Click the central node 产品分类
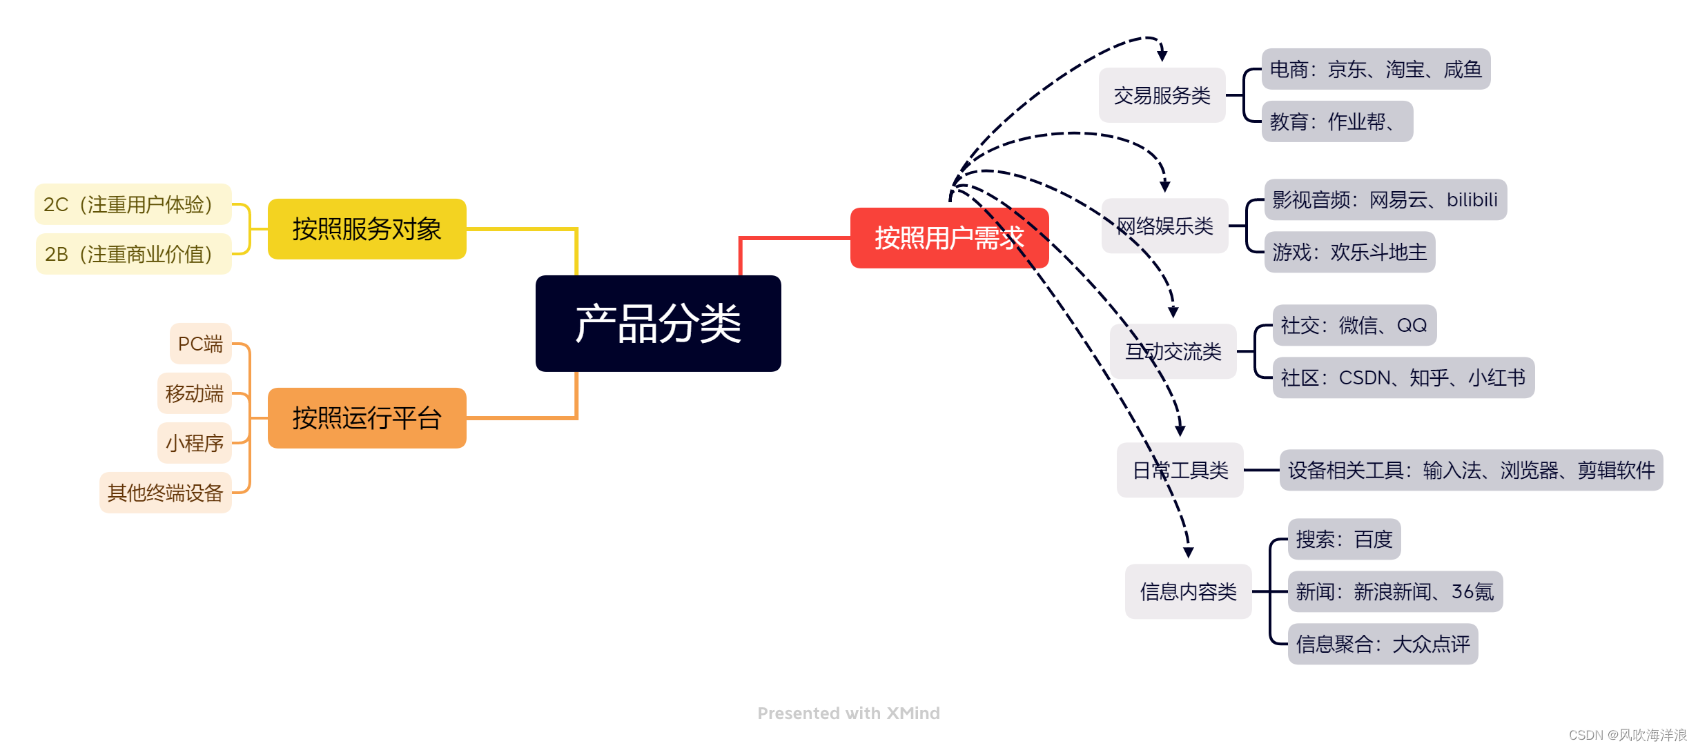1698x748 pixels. coord(658,323)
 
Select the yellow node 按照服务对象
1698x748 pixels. coord(367,229)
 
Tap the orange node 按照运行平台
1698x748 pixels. coord(367,418)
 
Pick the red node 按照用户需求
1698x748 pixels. coord(949,238)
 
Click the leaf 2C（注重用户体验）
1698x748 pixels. coord(133,204)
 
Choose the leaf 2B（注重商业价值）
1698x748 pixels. coord(133,254)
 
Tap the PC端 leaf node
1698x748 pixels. coord(200,344)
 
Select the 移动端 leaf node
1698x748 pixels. coord(194,393)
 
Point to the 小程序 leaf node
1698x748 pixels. coord(194,443)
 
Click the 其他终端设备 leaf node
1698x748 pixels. coord(165,493)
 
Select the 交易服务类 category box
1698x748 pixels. coord(1162,95)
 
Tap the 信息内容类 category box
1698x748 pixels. coord(1188,591)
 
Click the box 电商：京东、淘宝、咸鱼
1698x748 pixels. coord(1376,69)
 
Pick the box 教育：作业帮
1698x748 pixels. coord(1337,121)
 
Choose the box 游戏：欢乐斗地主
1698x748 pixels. coord(1349,252)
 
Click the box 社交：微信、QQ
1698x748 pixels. coord(1354,325)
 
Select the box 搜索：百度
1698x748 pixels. coord(1344,539)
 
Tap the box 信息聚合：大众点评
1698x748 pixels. coord(1383,644)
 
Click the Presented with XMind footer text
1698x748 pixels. coord(848,713)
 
